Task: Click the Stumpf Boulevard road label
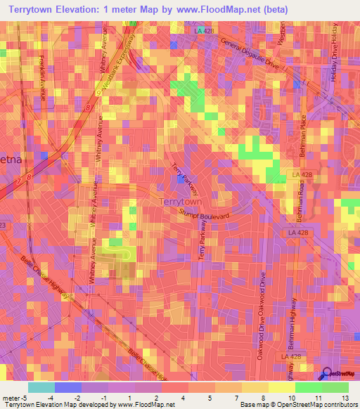(x=204, y=212)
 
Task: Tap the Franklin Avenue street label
(x=43, y=77)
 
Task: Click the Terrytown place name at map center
(x=181, y=202)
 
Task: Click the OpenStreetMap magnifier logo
(x=326, y=374)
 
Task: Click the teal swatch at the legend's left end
(x=41, y=387)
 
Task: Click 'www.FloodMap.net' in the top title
(x=231, y=9)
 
